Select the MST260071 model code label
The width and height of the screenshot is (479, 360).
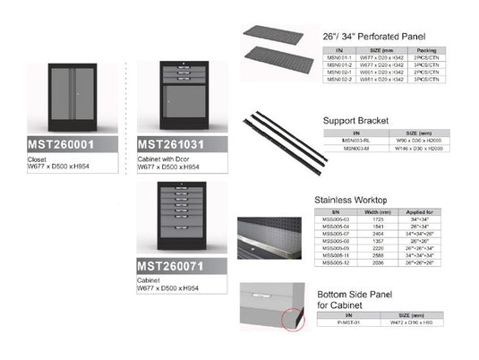(x=175, y=266)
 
